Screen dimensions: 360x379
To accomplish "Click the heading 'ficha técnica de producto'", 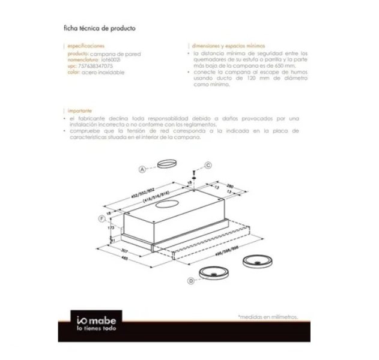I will [99, 28].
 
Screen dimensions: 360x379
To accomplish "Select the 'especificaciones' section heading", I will [86, 46].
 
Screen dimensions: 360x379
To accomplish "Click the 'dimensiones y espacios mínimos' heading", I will [228, 46].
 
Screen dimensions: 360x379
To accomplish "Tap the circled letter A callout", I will [142, 170].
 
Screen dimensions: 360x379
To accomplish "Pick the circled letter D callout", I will [191, 281].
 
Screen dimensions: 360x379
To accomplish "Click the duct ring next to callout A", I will [166, 165].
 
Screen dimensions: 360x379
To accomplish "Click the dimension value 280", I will [230, 187].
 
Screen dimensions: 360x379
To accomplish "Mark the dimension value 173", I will [110, 229].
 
